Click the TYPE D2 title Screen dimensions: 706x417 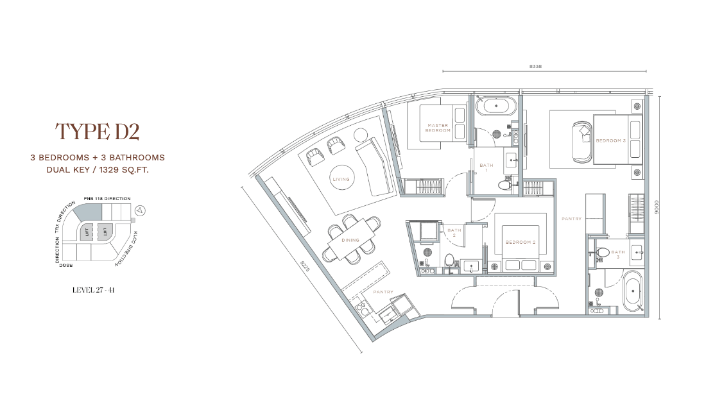pyautogui.click(x=98, y=132)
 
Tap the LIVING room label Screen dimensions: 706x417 pyautogui.click(x=341, y=179)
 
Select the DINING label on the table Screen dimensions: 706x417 pyautogui.click(x=350, y=240)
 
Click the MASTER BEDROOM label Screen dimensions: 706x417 pyautogui.click(x=438, y=128)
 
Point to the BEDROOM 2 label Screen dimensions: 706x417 pyautogui.click(x=521, y=243)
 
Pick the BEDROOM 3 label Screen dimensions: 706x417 pyautogui.click(x=610, y=140)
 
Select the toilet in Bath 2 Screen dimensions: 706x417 pyautogui.click(x=449, y=260)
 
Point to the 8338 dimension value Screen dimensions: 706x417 pyautogui.click(x=535, y=67)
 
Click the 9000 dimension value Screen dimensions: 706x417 pyautogui.click(x=657, y=207)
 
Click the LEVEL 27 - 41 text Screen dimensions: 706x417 pyautogui.click(x=94, y=290)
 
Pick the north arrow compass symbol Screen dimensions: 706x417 pyautogui.click(x=141, y=210)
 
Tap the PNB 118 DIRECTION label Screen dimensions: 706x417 pyautogui.click(x=107, y=198)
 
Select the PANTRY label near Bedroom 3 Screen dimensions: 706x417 pyautogui.click(x=571, y=219)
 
